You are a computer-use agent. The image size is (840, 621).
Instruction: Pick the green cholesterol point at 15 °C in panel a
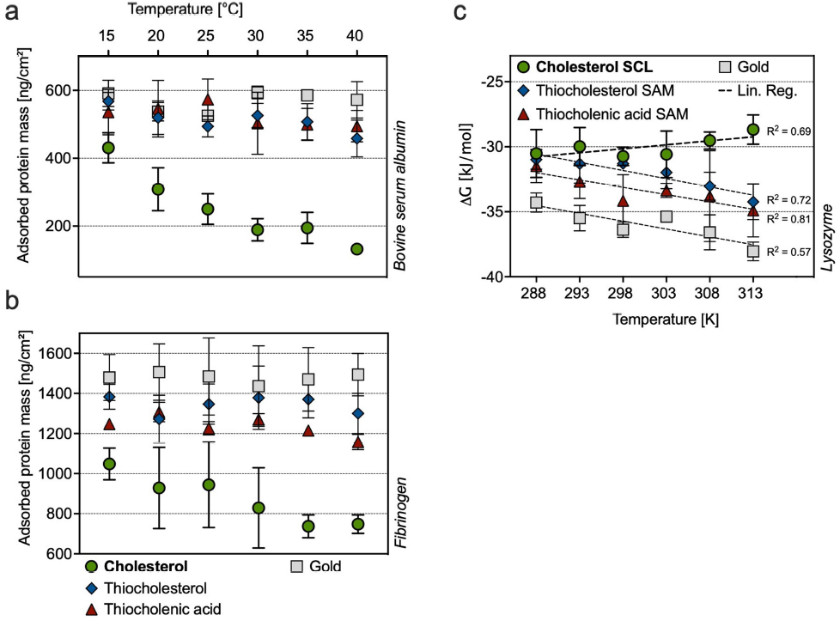(x=108, y=148)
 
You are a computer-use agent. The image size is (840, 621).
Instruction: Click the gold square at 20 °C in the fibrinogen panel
(x=158, y=372)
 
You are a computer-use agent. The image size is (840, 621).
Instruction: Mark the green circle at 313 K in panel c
(x=752, y=130)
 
